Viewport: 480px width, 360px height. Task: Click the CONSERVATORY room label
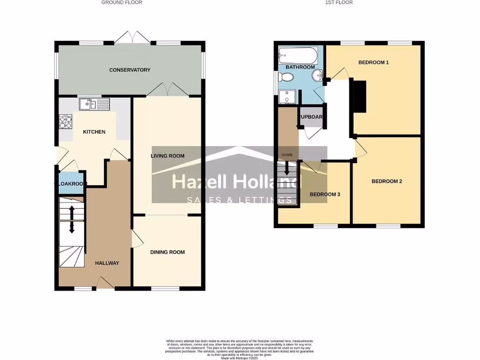(x=130, y=70)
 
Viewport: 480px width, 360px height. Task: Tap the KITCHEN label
(x=94, y=132)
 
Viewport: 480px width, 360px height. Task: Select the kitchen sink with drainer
(x=94, y=104)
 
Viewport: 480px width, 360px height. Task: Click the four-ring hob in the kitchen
(x=66, y=122)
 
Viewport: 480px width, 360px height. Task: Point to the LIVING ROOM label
(x=167, y=156)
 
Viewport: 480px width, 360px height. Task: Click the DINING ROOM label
(x=167, y=252)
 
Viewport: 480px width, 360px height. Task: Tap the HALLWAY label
(x=107, y=263)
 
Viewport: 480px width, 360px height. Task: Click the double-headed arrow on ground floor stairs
(x=72, y=219)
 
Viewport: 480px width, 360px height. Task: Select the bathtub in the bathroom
(x=298, y=56)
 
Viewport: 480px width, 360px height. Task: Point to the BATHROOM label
(x=300, y=67)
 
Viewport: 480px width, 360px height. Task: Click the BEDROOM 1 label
(x=374, y=62)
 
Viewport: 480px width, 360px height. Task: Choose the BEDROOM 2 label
(x=387, y=181)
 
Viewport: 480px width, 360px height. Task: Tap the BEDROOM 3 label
(x=325, y=195)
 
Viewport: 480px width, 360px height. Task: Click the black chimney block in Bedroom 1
(x=359, y=97)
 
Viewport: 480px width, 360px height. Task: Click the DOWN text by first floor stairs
(x=287, y=155)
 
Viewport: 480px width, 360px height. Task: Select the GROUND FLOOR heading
(x=122, y=2)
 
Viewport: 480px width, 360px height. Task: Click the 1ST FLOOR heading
(x=339, y=2)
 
